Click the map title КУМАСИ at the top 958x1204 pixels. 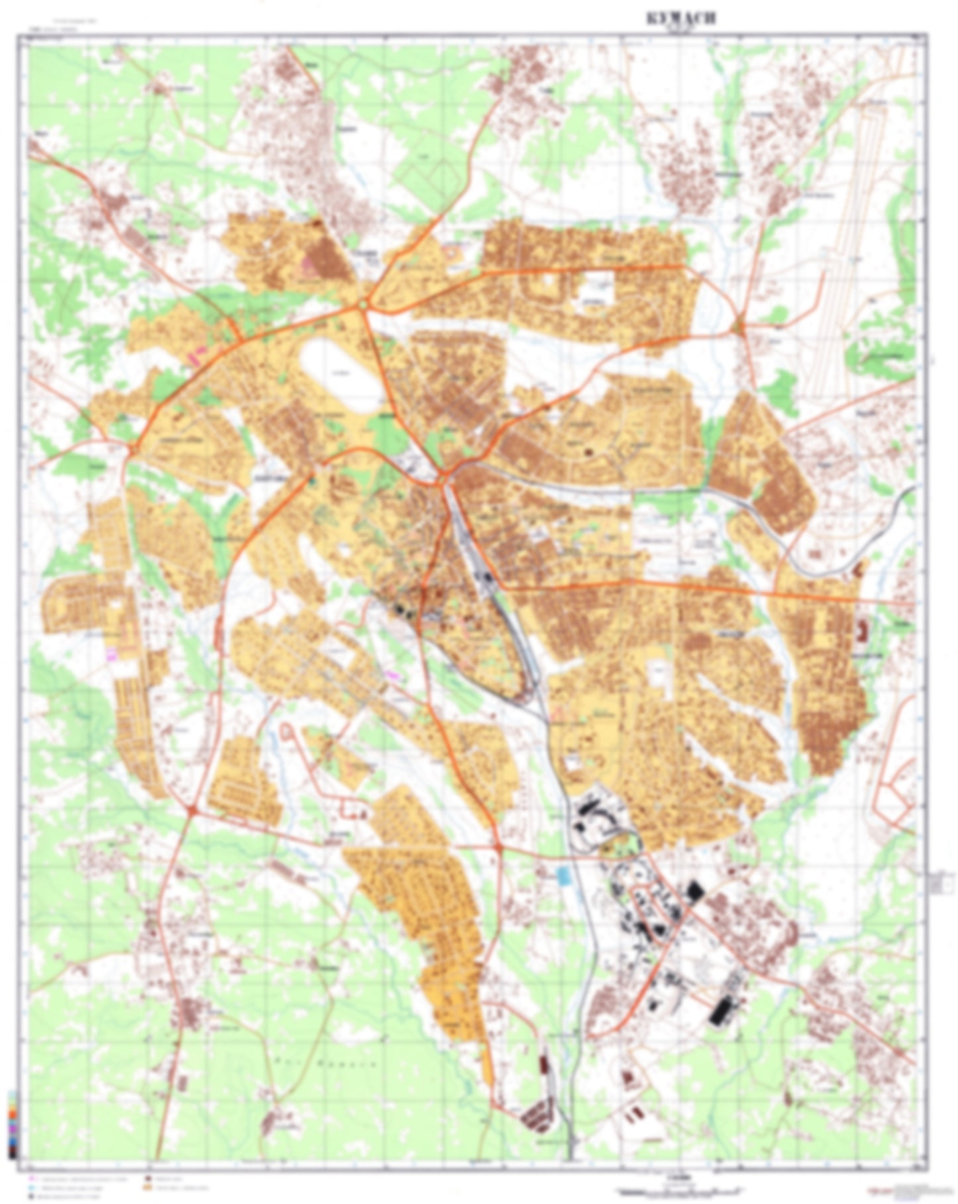tap(680, 19)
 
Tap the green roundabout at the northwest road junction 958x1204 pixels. tap(363, 304)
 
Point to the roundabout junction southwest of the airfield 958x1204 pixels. tap(740, 326)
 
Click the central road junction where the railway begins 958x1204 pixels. tap(443, 476)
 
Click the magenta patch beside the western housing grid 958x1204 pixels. tap(111, 654)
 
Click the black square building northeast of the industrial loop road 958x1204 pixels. tap(694, 890)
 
